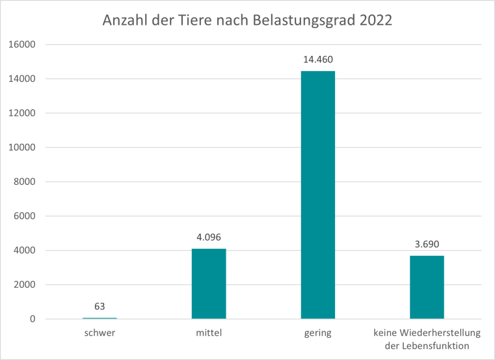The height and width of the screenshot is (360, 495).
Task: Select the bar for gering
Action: click(x=317, y=195)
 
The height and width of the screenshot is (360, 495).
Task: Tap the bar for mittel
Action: click(x=209, y=284)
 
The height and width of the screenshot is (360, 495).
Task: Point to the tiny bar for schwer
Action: click(x=100, y=318)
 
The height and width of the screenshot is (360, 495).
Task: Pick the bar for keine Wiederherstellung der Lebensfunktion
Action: click(x=427, y=287)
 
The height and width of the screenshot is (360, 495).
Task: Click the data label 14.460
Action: click(x=317, y=60)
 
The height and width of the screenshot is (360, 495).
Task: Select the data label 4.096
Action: click(x=209, y=238)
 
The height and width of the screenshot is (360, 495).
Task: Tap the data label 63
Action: click(x=100, y=306)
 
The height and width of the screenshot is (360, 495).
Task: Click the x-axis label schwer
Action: click(x=100, y=333)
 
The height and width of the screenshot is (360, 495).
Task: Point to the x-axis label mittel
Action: click(x=209, y=333)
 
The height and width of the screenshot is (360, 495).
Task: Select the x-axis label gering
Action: click(x=317, y=333)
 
